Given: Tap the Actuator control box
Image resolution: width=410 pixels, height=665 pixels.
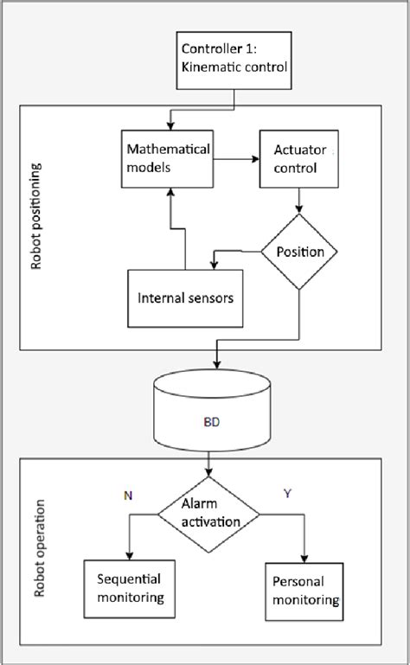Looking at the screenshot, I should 296,159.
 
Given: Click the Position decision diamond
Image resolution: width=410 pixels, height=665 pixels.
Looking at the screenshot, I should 298,252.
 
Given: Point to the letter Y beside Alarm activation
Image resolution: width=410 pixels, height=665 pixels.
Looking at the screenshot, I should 288,494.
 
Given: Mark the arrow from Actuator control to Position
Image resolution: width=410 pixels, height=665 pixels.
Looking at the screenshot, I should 298,203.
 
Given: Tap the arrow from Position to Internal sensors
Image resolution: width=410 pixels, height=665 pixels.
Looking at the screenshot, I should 235,253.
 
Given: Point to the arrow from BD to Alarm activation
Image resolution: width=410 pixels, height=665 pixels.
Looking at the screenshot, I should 208,465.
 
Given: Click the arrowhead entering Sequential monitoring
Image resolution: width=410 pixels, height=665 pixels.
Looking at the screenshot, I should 128,555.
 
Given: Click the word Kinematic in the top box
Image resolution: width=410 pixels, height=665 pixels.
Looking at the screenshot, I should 211,64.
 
